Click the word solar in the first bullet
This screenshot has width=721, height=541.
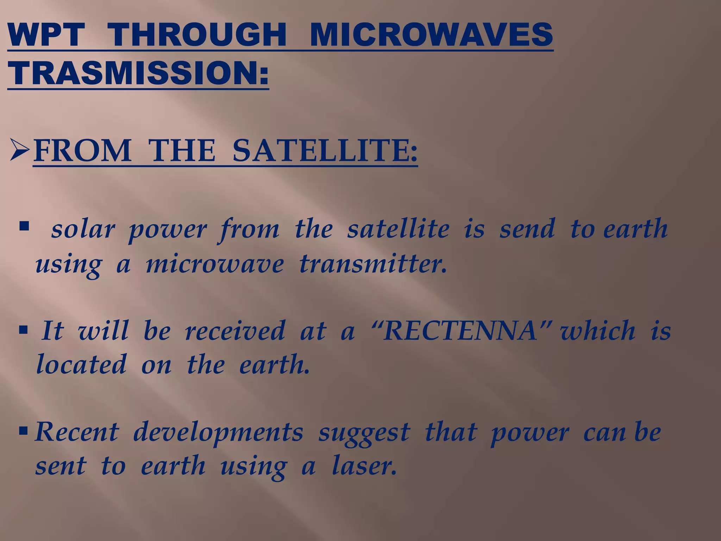point(83,229)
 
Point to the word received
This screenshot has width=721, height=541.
point(235,331)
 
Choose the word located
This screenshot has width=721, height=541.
point(81,364)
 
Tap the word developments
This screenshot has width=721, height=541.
point(218,433)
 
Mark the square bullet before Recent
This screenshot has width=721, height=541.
point(24,430)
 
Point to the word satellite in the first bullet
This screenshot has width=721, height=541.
point(398,229)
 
